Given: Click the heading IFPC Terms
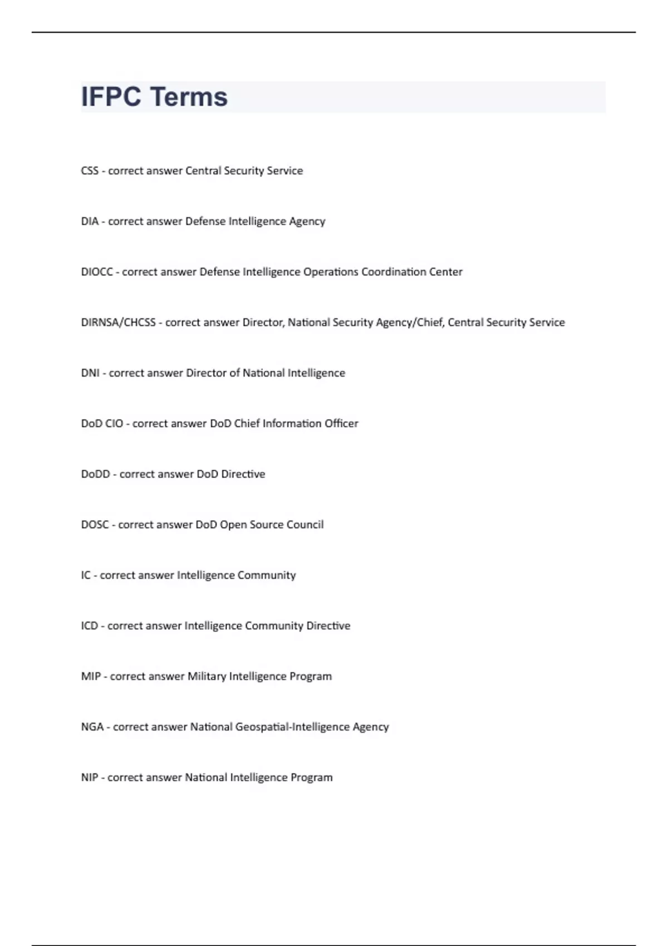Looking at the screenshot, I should [x=154, y=97].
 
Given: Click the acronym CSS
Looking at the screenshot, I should [x=90, y=171].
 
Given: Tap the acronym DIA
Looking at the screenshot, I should [x=90, y=221].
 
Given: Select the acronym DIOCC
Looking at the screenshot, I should [x=97, y=272].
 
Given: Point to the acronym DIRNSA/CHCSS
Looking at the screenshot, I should [x=118, y=323].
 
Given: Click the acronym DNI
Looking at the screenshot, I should [x=90, y=373].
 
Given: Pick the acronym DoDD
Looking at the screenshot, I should [x=96, y=474].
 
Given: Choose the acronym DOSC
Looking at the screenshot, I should [x=95, y=525].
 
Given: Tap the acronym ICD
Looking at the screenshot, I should [x=90, y=626].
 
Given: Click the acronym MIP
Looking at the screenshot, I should [x=91, y=677].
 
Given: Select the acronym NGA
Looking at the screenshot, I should [x=92, y=727].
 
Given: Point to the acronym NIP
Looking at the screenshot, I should [x=90, y=778].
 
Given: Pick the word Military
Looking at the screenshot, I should [x=207, y=677].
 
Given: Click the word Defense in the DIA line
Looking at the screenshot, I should [x=205, y=221].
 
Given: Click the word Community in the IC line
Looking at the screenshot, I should [x=267, y=575].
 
